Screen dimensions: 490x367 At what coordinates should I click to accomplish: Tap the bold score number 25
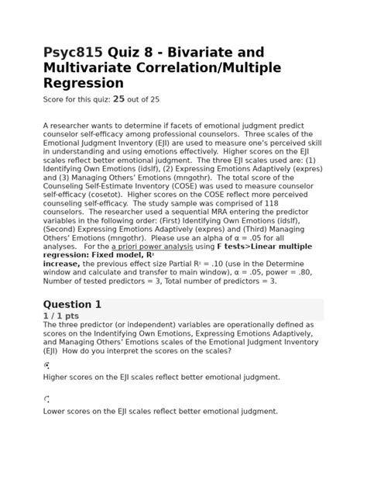[119, 98]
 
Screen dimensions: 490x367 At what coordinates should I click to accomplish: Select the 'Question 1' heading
[72, 305]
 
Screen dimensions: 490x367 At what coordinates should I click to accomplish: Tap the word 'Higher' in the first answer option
[57, 377]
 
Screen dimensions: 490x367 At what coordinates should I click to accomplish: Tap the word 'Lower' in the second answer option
[57, 412]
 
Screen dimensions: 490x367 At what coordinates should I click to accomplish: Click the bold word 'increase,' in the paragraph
[64, 264]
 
